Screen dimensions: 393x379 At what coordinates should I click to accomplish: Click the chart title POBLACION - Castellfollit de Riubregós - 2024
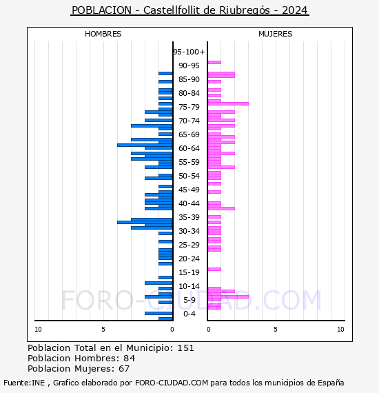click(x=189, y=10)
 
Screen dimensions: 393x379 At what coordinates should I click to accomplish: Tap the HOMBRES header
click(x=103, y=34)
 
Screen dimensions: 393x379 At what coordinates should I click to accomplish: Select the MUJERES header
click(x=275, y=34)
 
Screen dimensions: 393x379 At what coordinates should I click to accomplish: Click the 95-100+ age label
click(x=189, y=52)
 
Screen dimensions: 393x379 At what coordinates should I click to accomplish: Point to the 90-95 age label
click(x=189, y=65)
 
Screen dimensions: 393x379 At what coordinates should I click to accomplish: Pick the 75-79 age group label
click(x=189, y=107)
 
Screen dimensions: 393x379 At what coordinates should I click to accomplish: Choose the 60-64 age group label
click(x=189, y=148)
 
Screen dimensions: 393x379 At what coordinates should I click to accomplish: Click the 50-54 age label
click(x=189, y=176)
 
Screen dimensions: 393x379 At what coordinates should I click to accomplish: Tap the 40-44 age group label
click(x=189, y=203)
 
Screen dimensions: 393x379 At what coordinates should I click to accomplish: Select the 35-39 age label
click(x=189, y=217)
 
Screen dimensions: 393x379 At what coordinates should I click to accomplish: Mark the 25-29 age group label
click(x=189, y=245)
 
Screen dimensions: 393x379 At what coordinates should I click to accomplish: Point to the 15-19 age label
click(x=189, y=272)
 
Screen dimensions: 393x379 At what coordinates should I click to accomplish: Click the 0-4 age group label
click(x=189, y=314)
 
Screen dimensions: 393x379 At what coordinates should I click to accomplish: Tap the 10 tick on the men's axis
click(x=38, y=330)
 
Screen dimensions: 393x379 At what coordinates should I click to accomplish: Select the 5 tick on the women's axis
click(x=274, y=330)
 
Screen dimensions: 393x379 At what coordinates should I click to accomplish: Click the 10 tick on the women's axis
click(x=340, y=330)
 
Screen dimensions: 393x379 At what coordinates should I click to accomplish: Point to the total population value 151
click(x=185, y=348)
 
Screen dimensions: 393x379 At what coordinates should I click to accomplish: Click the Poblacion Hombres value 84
click(x=129, y=359)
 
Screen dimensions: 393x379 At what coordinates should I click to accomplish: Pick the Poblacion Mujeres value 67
click(x=124, y=369)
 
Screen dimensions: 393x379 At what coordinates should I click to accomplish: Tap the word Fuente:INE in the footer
click(x=23, y=383)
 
